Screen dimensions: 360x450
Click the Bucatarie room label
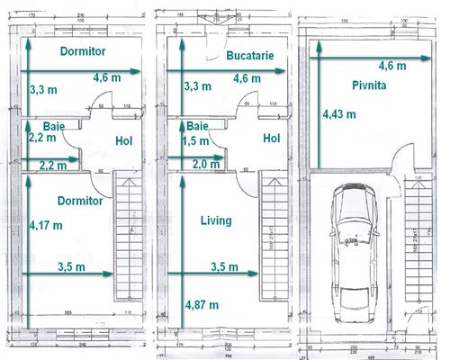250,56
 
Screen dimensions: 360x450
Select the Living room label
216,220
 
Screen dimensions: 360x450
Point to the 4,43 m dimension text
339,114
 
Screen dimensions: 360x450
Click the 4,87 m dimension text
201,304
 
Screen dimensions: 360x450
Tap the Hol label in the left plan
124,140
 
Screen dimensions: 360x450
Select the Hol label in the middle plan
272,138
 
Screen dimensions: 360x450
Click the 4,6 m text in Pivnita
391,65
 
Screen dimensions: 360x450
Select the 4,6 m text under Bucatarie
247,78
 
